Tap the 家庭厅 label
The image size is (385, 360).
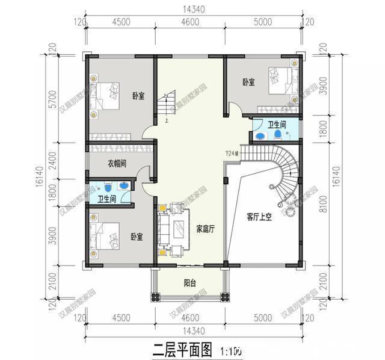tap(206, 229)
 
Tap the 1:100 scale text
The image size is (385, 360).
tap(231, 349)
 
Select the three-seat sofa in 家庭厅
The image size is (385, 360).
tap(163, 229)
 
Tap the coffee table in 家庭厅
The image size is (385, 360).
tap(179, 229)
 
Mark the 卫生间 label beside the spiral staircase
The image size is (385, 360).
tap(277, 125)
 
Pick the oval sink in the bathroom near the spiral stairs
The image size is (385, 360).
tap(260, 135)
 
